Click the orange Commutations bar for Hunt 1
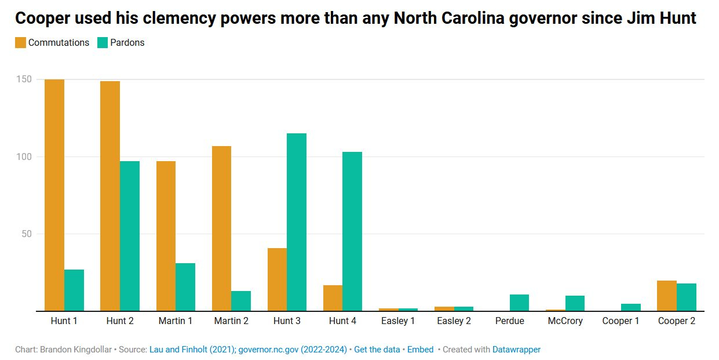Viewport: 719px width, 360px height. click(54, 195)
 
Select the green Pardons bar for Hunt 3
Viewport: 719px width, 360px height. click(297, 222)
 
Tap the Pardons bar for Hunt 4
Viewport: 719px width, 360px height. click(352, 231)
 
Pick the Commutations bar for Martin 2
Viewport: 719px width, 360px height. click(221, 228)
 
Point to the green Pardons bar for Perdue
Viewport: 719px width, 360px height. click(519, 303)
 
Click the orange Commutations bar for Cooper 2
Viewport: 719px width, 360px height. click(666, 296)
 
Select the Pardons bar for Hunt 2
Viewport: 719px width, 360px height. click(130, 236)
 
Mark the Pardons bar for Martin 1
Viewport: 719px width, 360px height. click(185, 287)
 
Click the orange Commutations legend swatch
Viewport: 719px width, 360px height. click(20, 42)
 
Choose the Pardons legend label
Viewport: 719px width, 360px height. click(127, 42)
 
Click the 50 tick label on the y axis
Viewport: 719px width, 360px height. click(25, 234)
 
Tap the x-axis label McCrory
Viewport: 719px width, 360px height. click(565, 321)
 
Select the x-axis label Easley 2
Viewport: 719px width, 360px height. click(454, 321)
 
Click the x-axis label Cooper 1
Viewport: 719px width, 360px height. click(621, 321)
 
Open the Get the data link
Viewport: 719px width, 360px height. click(377, 350)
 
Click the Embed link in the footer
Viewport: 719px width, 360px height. click(420, 350)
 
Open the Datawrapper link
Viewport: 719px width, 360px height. click(516, 350)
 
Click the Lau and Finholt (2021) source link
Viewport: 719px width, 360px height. click(192, 350)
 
